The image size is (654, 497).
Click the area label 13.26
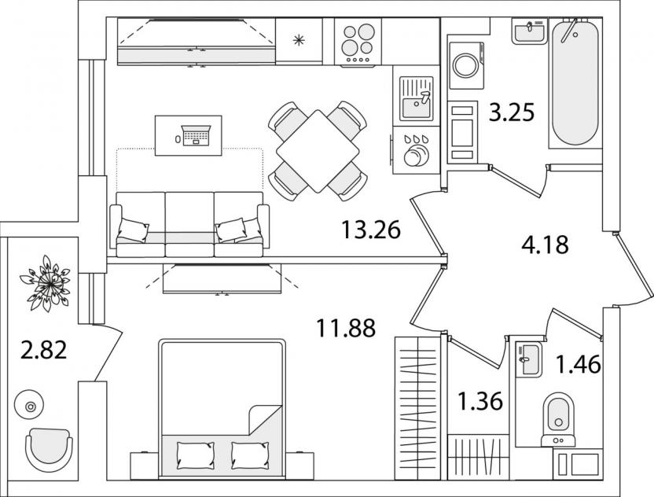coord(371,230)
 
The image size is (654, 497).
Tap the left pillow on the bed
coord(192,454)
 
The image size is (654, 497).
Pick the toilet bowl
coord(560,414)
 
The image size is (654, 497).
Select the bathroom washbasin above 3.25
coord(529,31)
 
